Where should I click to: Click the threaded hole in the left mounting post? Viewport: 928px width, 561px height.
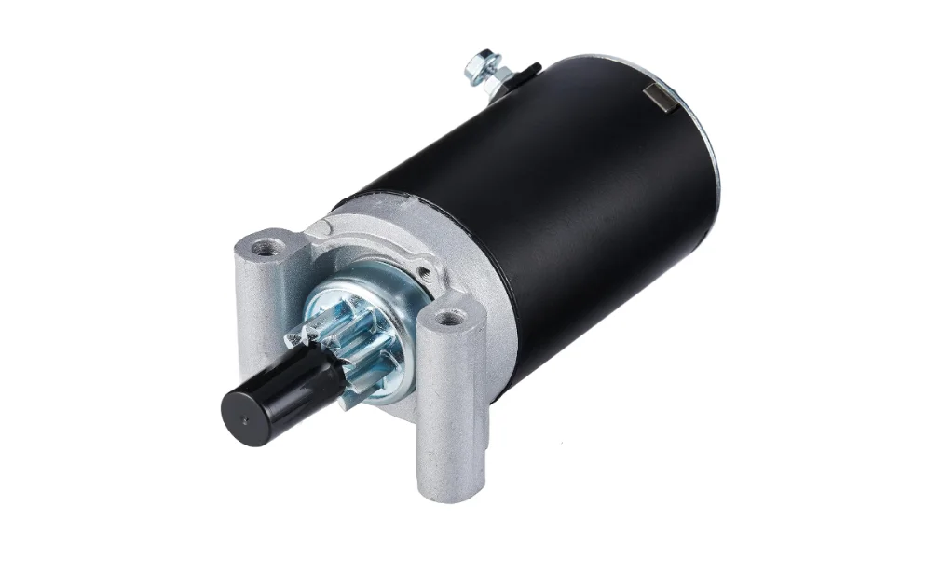pos(268,246)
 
